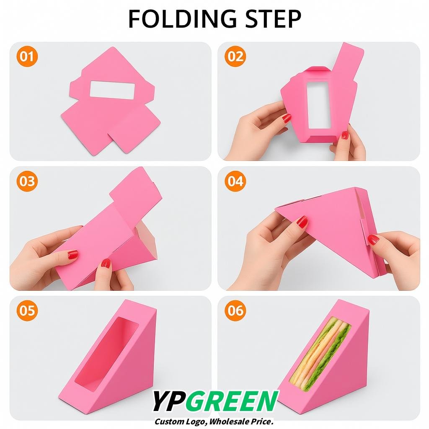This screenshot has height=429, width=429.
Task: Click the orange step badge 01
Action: (x=27, y=57)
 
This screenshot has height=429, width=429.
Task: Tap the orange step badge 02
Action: (x=235, y=57)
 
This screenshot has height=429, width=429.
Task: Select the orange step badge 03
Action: (x=27, y=181)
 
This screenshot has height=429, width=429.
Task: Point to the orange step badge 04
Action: (x=235, y=181)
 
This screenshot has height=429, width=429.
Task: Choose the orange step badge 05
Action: (x=27, y=310)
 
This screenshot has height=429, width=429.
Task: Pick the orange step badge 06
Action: (x=235, y=310)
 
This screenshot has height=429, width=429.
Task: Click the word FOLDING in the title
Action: (x=183, y=18)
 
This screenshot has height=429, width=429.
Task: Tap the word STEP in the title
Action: (x=273, y=18)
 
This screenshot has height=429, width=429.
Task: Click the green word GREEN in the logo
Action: (x=232, y=401)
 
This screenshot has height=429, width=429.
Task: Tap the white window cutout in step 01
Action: (x=112, y=90)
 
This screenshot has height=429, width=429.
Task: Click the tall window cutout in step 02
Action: (x=318, y=104)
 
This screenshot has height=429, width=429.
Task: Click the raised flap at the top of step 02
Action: (x=347, y=62)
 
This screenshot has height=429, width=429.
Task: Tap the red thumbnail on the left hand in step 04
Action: (x=302, y=222)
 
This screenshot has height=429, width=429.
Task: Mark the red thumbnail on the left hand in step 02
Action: (x=287, y=118)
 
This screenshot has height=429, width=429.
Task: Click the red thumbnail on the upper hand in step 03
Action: (x=73, y=254)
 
